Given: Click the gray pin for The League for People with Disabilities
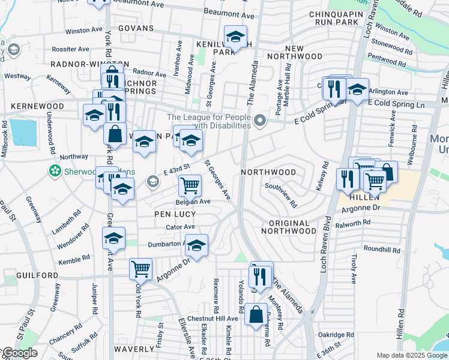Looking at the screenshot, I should (x=260, y=122).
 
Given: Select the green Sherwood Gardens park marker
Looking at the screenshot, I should (x=55, y=172).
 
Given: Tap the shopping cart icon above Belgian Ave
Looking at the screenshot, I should (x=190, y=185).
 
